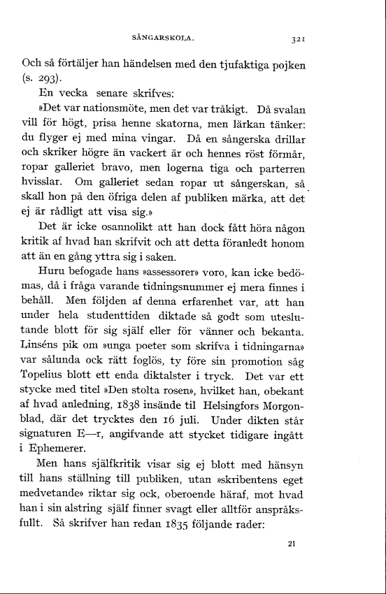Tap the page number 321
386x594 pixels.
295,39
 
